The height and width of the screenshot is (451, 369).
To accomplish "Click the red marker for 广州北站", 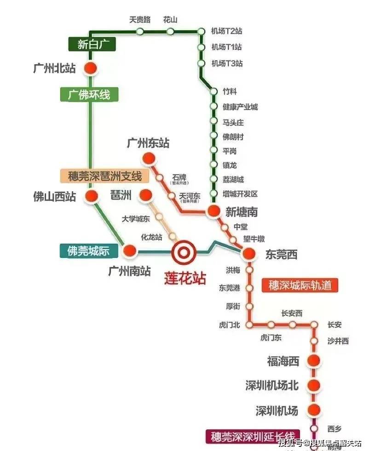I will click(x=91, y=68).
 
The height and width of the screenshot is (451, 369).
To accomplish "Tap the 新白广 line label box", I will click(x=90, y=45).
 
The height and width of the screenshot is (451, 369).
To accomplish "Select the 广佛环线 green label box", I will click(x=89, y=95).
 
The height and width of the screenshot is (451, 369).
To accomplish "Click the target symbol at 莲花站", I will click(x=184, y=252).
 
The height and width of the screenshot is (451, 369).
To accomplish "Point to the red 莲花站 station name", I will click(x=185, y=278).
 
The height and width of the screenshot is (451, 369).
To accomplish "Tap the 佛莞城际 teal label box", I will click(x=89, y=251).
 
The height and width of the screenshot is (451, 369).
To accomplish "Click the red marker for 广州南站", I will click(x=130, y=251).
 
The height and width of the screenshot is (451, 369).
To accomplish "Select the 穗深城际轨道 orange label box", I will click(x=300, y=285).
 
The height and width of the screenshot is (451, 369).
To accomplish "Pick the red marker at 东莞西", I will click(x=249, y=253).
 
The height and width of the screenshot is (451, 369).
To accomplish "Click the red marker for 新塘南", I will click(x=213, y=211).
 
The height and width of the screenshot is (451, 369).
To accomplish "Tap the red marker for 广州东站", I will click(x=148, y=159).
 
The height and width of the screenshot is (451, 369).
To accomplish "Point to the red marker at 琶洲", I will click(x=145, y=195).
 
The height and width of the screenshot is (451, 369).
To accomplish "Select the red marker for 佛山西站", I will click(x=91, y=195).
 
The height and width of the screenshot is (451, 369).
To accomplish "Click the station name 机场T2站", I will click(x=226, y=31).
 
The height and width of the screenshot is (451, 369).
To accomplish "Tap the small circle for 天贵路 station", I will click(x=140, y=31).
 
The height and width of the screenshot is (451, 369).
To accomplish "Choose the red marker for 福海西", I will click(x=314, y=361).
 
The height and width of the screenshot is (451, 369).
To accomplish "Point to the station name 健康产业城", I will click(x=240, y=107).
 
